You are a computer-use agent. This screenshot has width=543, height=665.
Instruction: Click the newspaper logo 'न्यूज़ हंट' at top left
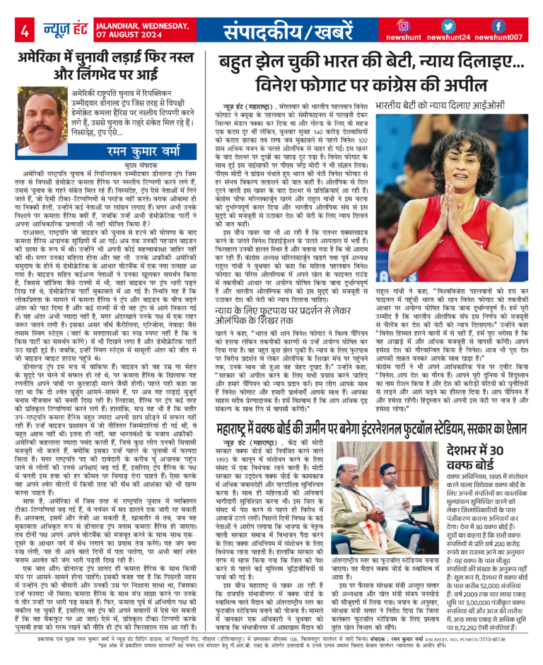57,30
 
